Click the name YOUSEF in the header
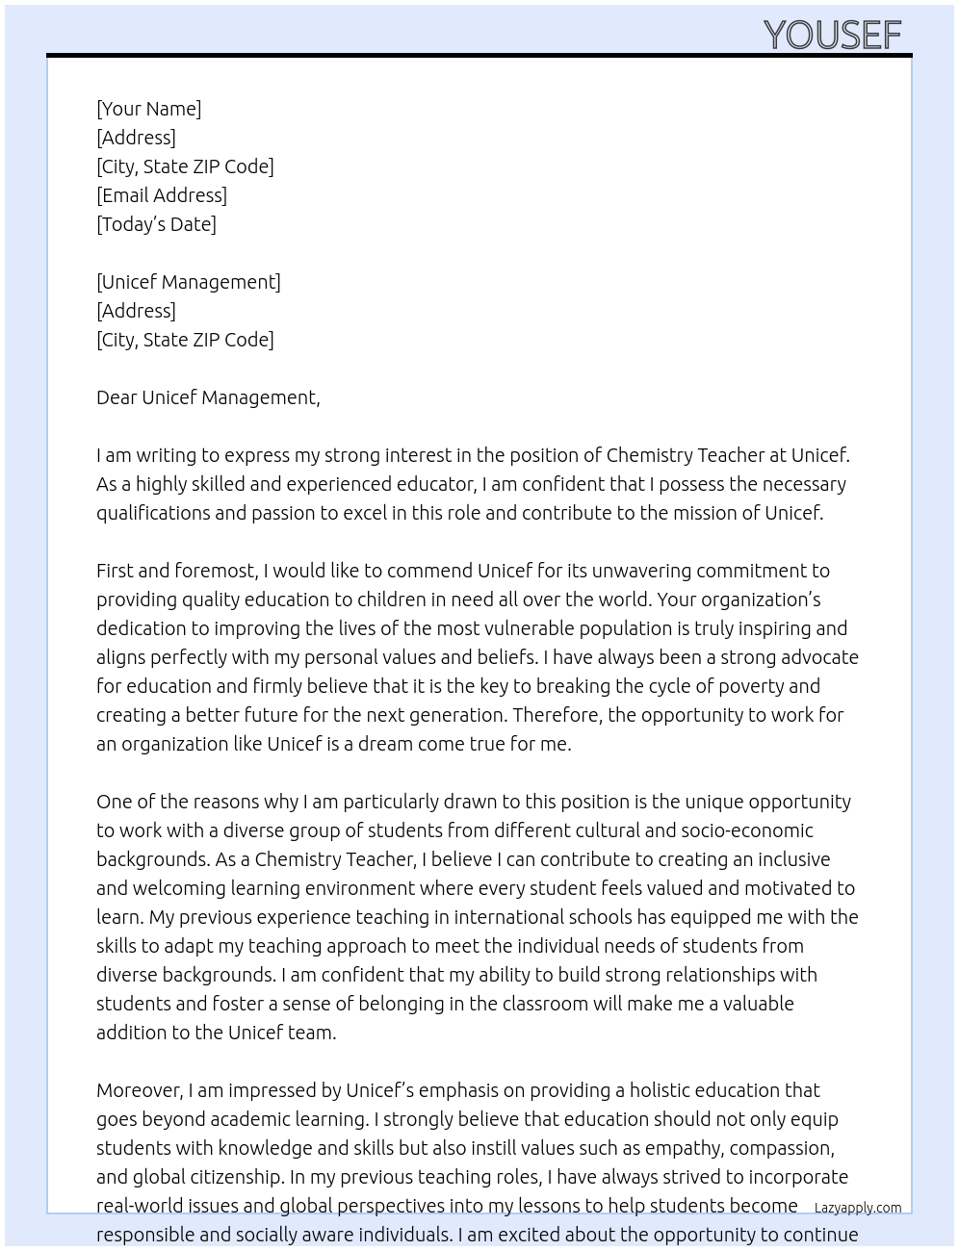click(832, 35)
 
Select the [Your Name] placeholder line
click(148, 109)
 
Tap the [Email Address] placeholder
click(162, 195)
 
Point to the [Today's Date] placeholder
click(156, 224)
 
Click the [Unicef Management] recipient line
click(189, 282)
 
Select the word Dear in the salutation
click(116, 397)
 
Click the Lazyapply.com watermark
click(858, 1208)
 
